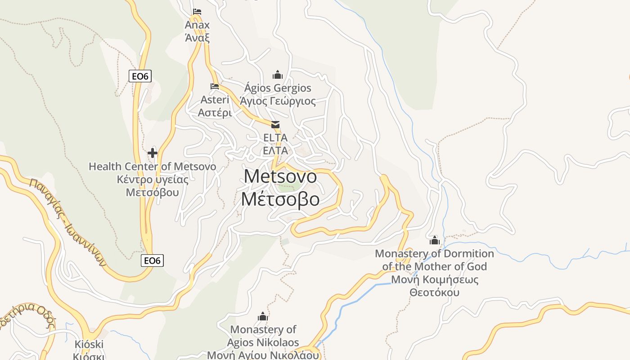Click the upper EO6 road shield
[x=140, y=76]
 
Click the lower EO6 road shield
[x=152, y=260]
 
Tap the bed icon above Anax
[x=197, y=12]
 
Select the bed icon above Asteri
[x=215, y=86]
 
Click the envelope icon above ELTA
[x=275, y=124]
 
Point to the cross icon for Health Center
[x=153, y=153]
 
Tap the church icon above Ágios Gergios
[x=278, y=74]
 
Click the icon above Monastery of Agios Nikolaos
[x=263, y=317]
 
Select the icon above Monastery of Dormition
[x=434, y=240]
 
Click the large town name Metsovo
[x=280, y=176]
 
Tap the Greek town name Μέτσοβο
[x=280, y=199]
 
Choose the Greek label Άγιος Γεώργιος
[x=278, y=101]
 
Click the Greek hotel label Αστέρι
[x=215, y=112]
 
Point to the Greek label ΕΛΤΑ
[x=275, y=151]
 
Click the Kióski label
[x=89, y=345]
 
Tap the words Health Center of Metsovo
[x=152, y=166]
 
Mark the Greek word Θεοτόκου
[x=434, y=292]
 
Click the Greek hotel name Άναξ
[x=197, y=37]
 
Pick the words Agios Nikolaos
[x=263, y=343]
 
